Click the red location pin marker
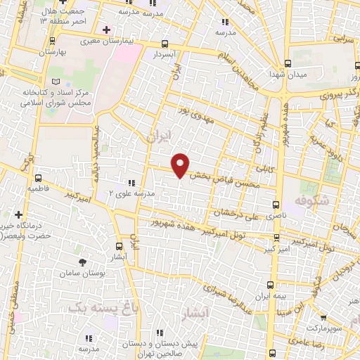(181, 165)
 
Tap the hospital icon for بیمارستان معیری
(106, 30)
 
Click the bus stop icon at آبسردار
(165, 43)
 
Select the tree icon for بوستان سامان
(83, 262)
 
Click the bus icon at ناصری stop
(275, 204)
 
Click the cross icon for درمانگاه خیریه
(18, 214)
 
